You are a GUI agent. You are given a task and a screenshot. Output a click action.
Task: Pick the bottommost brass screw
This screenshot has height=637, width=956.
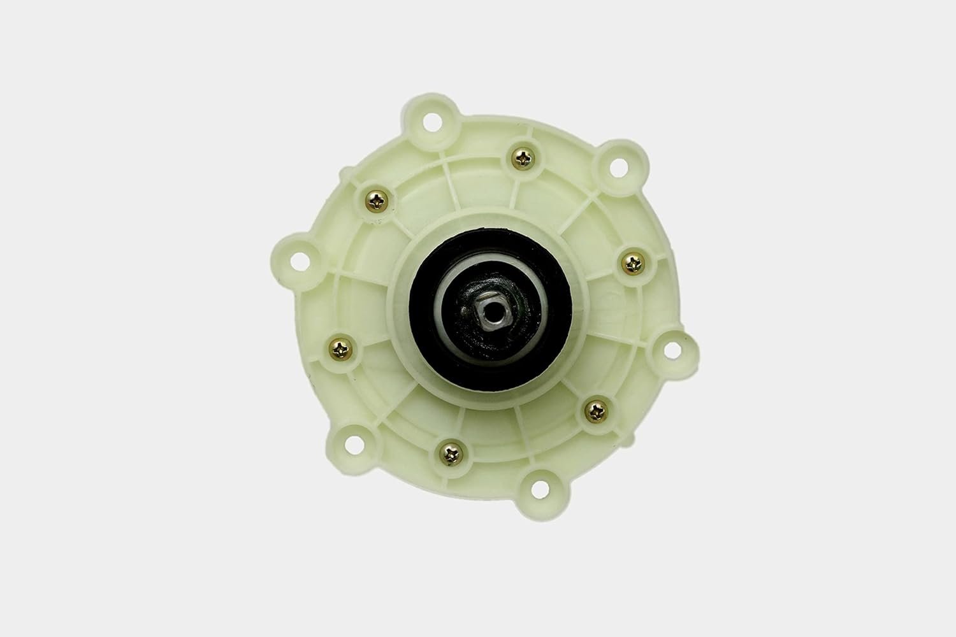pyautogui.click(x=449, y=454)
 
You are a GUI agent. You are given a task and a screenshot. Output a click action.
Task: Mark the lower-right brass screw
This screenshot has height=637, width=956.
pyautogui.click(x=598, y=408)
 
